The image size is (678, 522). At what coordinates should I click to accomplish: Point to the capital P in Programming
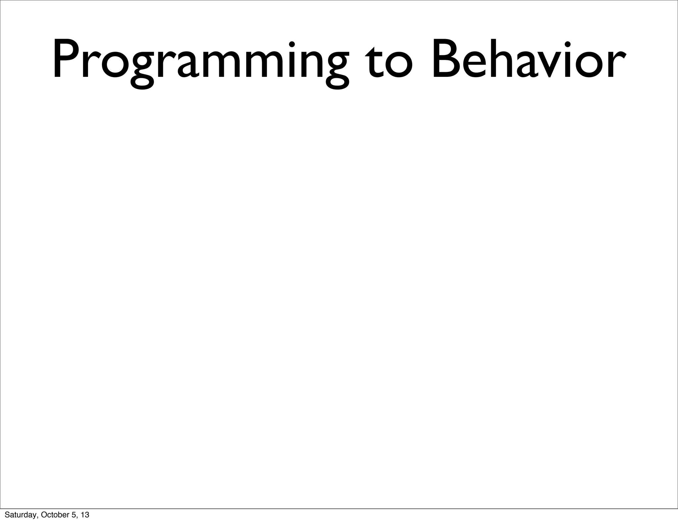[x=66, y=60]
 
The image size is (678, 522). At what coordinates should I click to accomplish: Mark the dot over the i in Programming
[x=292, y=44]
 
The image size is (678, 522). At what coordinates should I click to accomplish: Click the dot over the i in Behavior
[x=568, y=44]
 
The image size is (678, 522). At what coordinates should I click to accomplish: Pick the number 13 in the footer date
[x=85, y=515]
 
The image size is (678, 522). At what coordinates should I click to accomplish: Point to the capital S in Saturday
[x=7, y=515]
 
